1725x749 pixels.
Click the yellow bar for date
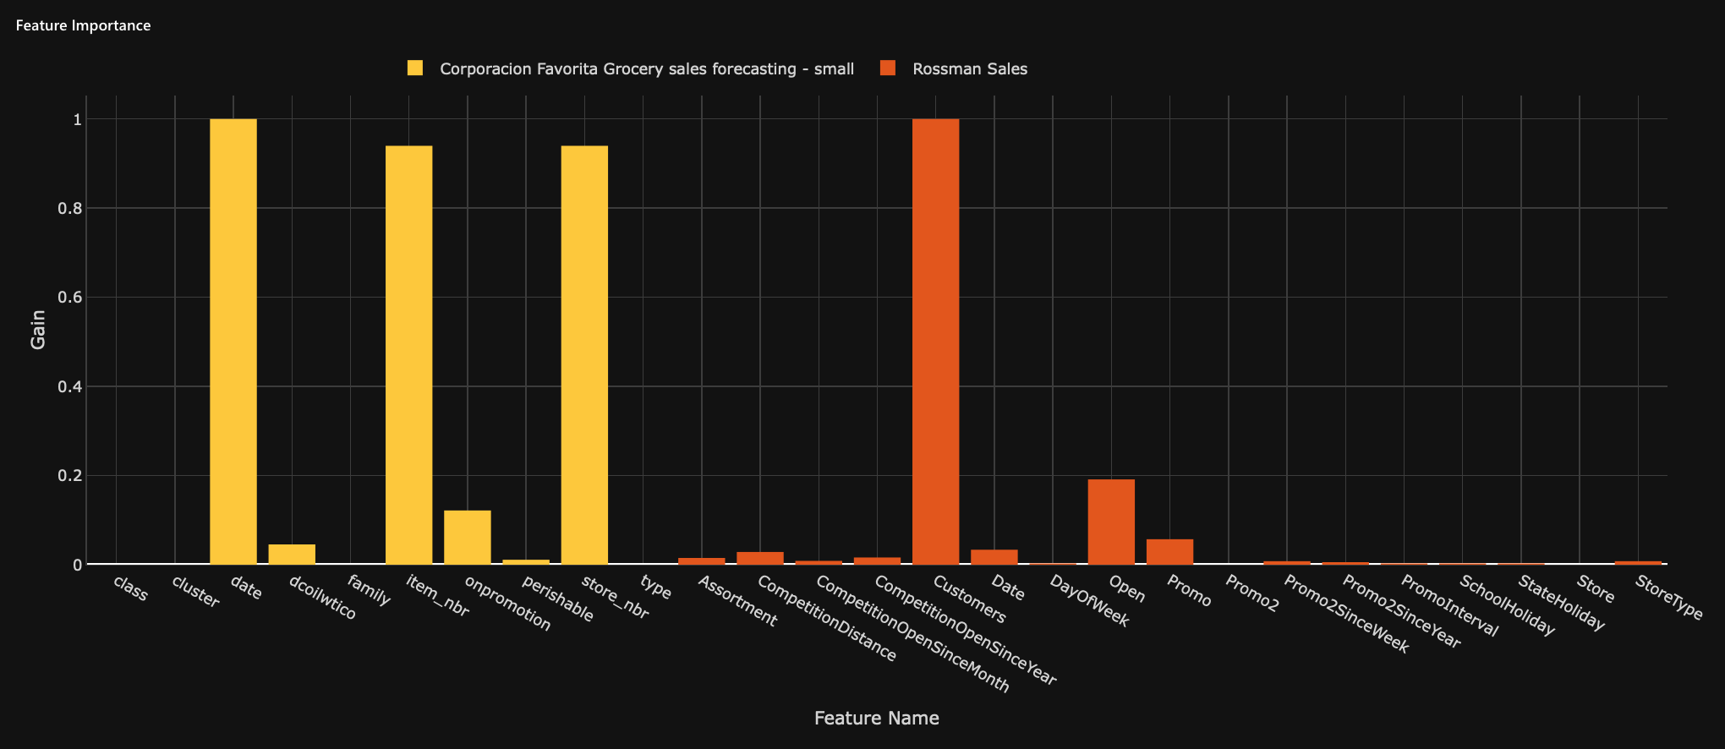[233, 342]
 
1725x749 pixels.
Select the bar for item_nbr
[408, 355]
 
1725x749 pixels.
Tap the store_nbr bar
[584, 355]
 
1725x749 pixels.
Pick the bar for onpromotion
[468, 538]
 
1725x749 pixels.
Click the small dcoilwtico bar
[292, 555]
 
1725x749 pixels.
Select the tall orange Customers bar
[936, 342]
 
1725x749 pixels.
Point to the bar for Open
[1111, 522]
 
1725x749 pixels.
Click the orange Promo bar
[1169, 552]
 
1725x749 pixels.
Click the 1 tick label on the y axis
[77, 119]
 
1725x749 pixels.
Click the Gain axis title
[38, 330]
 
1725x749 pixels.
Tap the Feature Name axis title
[876, 718]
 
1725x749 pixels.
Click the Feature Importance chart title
[83, 25]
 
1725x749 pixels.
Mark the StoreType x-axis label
[1668, 598]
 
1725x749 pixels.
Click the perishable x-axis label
[557, 599]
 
